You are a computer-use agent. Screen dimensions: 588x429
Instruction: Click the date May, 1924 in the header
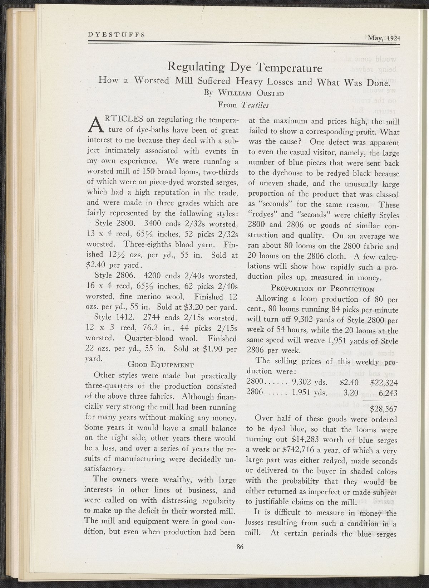[384, 38]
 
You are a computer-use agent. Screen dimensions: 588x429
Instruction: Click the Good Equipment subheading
[161, 365]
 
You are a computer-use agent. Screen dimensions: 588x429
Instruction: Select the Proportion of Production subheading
[323, 288]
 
